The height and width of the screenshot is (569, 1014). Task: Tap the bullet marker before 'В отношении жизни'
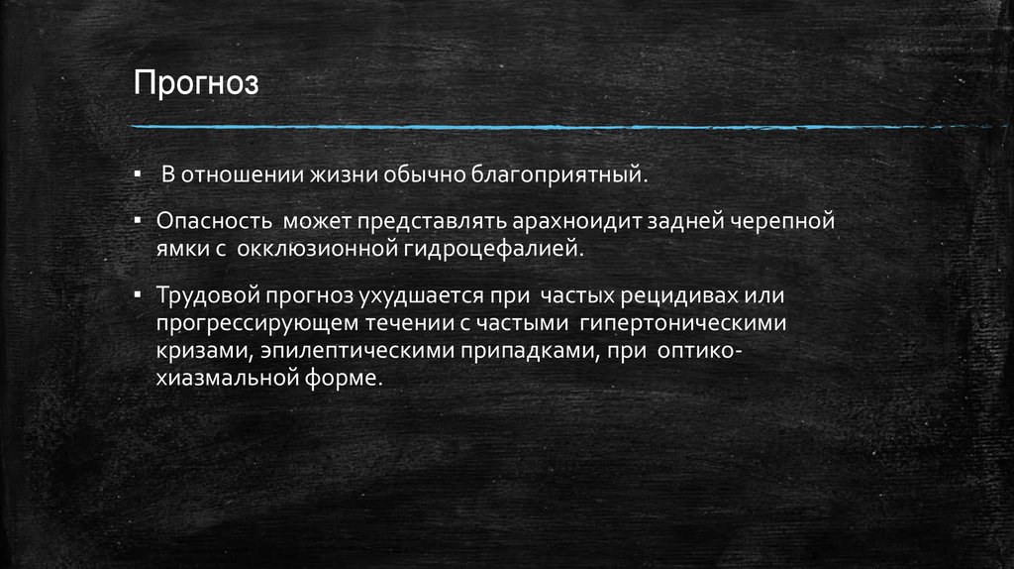coord(141,175)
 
